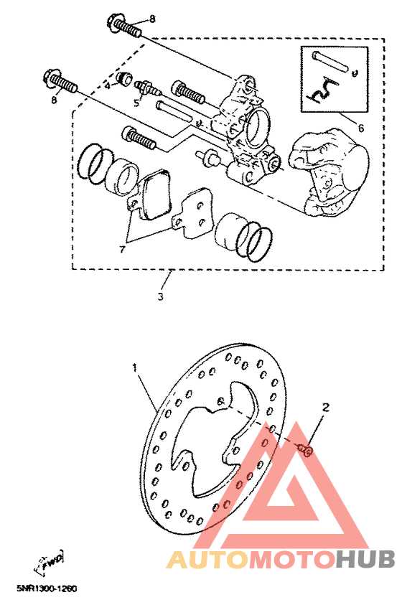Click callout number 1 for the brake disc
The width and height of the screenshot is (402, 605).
[x=134, y=367]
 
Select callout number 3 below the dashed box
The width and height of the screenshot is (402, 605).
[x=160, y=296]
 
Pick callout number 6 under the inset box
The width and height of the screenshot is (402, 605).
[x=360, y=128]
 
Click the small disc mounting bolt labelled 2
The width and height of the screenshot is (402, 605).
[x=305, y=450]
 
